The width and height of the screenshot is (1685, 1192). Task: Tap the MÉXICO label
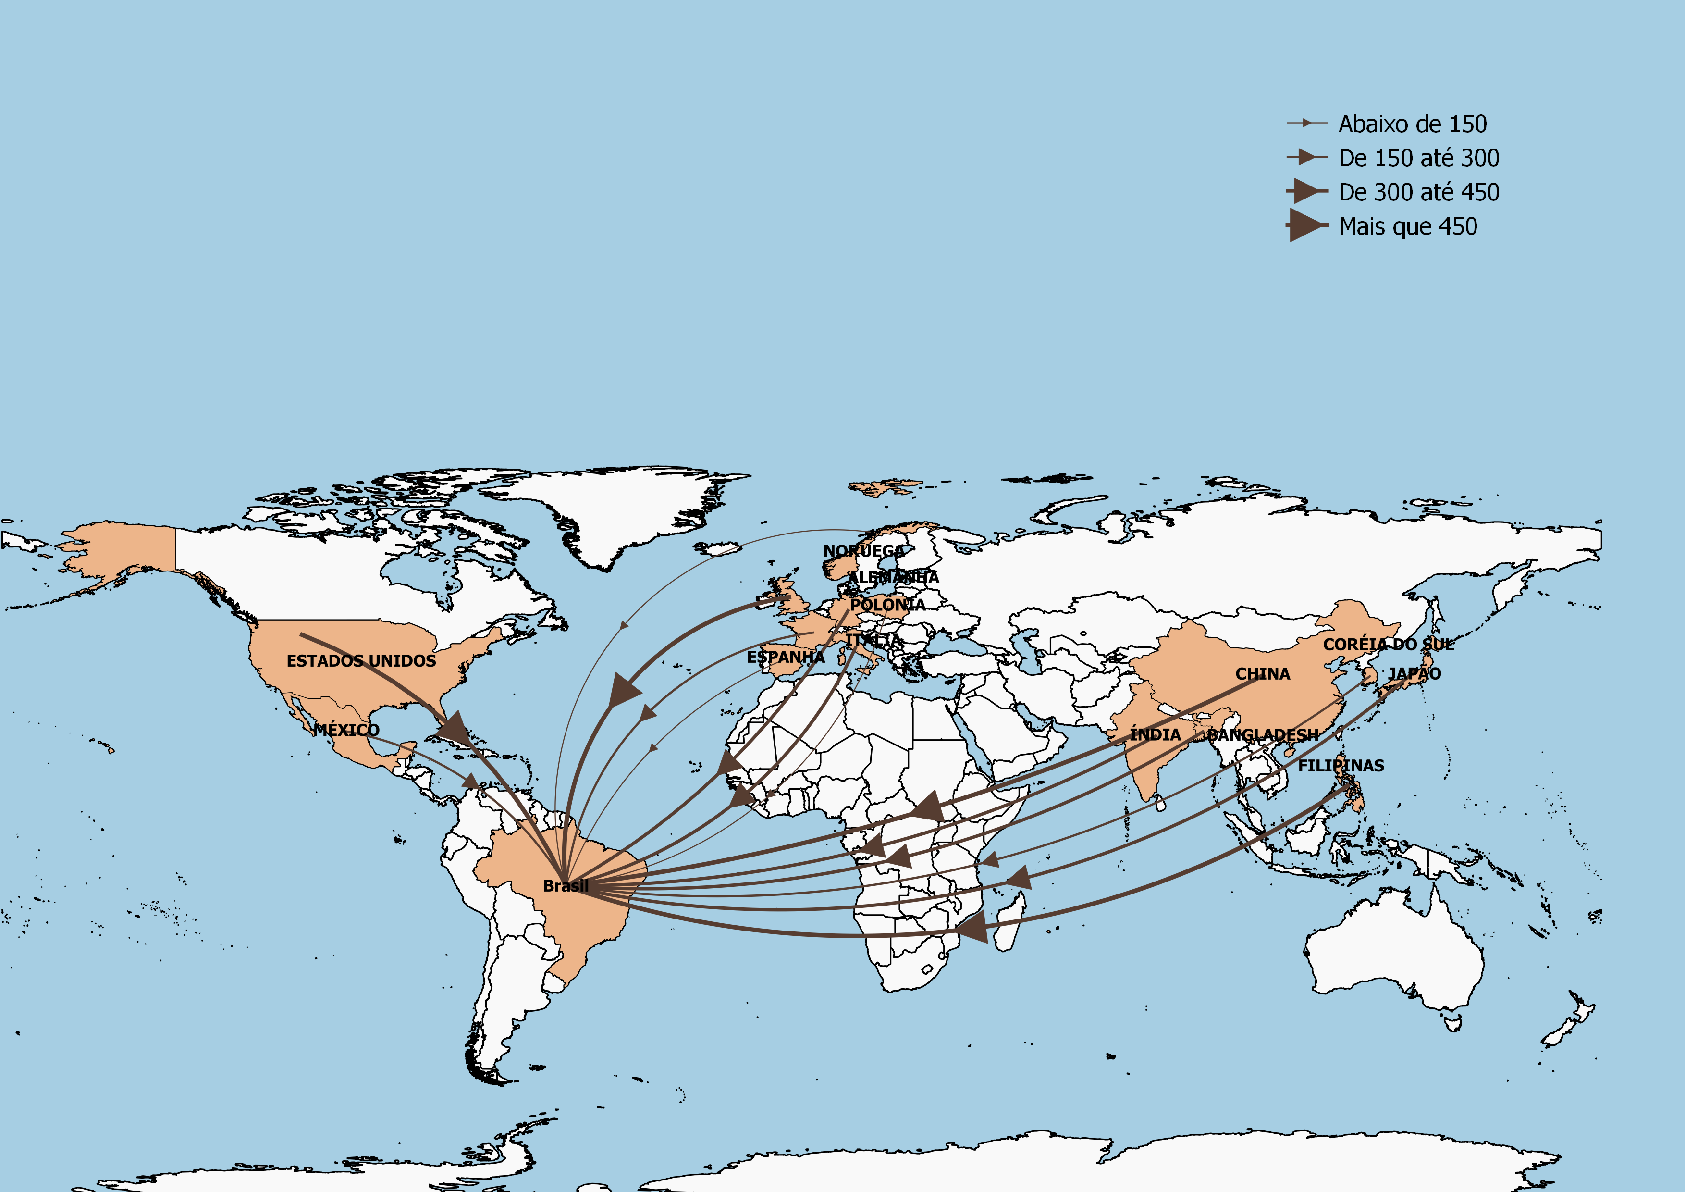pos(346,730)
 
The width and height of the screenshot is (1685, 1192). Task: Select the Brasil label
pos(566,886)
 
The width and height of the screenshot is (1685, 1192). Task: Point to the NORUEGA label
pos(864,550)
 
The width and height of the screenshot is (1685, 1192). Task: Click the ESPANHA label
pos(785,657)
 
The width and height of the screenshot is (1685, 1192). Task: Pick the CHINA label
pos(1262,674)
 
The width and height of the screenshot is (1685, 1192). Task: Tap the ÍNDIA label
pos(1155,735)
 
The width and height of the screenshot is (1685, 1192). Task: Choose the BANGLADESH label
pos(1262,735)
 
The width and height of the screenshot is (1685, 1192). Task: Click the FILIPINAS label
pos(1341,766)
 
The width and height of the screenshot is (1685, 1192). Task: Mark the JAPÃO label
pos(1414,674)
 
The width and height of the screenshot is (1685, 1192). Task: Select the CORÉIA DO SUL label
pos(1388,645)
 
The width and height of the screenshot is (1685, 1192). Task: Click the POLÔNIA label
pos(887,605)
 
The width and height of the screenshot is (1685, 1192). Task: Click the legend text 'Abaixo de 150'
pos(1412,124)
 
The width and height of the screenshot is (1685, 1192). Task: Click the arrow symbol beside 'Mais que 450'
pos(1306,225)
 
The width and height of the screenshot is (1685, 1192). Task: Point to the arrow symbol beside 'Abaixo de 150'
pos(1306,124)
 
